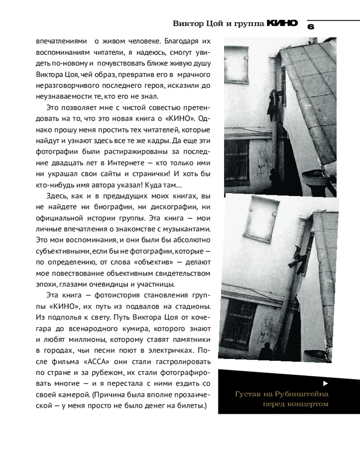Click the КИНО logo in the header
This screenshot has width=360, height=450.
pyautogui.click(x=282, y=23)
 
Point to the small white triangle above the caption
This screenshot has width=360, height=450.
pyautogui.click(x=325, y=383)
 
